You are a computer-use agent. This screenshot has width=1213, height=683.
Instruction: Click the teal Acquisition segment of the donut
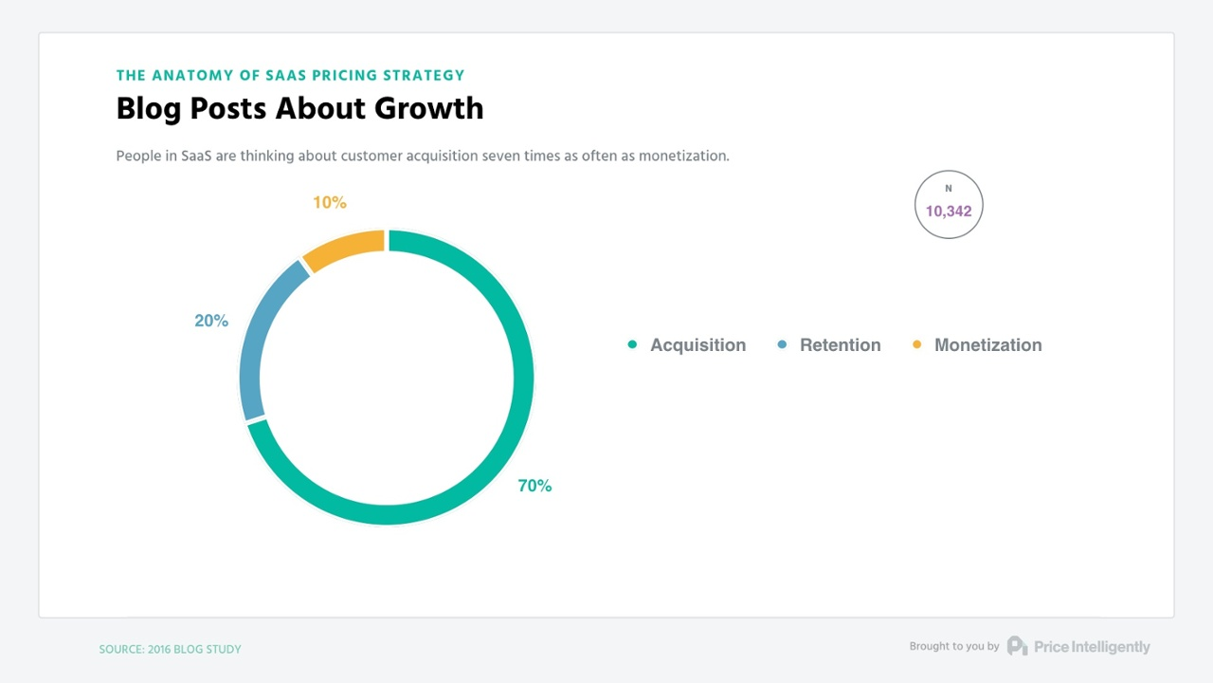tap(523, 379)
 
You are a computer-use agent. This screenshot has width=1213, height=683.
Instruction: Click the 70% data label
tap(534, 486)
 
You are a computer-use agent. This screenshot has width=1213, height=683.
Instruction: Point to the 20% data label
tap(211, 321)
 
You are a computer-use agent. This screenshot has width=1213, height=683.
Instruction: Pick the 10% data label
tap(330, 202)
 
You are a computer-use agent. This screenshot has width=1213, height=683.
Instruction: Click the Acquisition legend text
tap(697, 345)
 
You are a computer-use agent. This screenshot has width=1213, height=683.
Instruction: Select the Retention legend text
tap(840, 345)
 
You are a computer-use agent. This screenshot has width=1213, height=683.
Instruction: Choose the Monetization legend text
tap(987, 345)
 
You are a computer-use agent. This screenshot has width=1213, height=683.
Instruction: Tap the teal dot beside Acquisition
tap(632, 344)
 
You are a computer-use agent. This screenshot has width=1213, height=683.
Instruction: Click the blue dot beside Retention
tap(782, 344)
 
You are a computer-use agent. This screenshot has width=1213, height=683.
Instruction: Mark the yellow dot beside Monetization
tap(916, 344)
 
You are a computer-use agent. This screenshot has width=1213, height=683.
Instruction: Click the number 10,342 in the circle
tap(949, 212)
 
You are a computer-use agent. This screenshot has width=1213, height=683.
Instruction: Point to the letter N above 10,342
tap(949, 189)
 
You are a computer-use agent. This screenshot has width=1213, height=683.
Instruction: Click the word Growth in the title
tap(428, 109)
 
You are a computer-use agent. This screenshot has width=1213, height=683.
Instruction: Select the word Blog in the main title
tap(149, 109)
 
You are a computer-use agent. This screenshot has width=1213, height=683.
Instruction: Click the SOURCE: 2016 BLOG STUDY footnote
tap(171, 650)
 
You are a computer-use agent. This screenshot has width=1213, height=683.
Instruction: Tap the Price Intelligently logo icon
tap(1017, 646)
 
